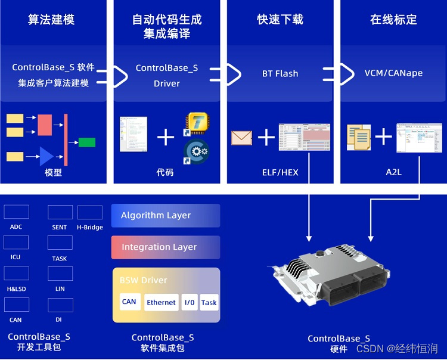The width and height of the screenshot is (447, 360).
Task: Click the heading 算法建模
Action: coord(51,20)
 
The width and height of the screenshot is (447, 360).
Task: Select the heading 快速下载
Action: coord(280,20)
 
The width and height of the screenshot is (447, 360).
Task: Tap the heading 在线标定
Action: coord(393,20)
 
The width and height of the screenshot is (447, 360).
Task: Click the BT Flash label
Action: coord(280,74)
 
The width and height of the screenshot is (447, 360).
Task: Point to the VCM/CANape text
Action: coord(393,73)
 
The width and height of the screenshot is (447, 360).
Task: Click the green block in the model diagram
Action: coord(87,142)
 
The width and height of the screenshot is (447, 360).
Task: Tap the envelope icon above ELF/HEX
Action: coord(242,138)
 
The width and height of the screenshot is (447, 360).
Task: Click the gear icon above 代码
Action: coord(196,152)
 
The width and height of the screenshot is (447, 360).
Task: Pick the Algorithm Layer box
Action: coord(166,216)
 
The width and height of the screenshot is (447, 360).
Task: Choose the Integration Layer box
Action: coord(166,247)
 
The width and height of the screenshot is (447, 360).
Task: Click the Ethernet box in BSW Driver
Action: coord(162,302)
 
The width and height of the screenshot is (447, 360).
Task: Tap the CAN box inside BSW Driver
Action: coord(129,302)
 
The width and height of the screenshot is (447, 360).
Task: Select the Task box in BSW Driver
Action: coord(209,302)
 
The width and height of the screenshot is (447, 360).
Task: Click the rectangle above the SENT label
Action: coord(60,212)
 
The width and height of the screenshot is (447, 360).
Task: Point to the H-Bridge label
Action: coord(90,227)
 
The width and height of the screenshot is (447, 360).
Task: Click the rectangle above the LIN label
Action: coord(60,274)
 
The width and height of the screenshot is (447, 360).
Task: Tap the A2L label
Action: coord(394,172)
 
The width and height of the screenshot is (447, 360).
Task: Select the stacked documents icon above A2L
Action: coord(359,138)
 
